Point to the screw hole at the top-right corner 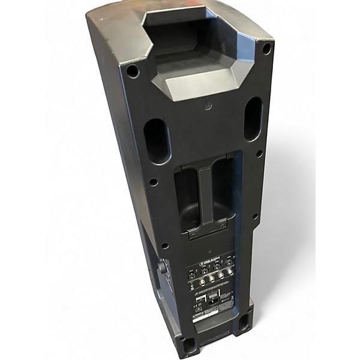point(266,49)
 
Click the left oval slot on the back point(157,140)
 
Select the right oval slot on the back point(253,119)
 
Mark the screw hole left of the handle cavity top point(154,182)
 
